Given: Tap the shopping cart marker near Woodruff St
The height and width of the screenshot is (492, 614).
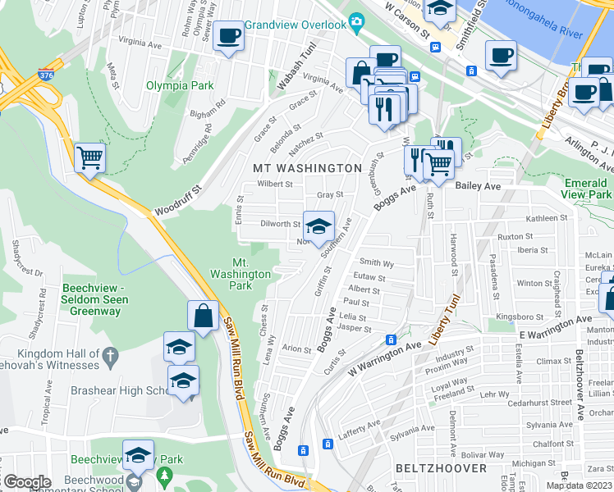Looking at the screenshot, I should click(89, 157).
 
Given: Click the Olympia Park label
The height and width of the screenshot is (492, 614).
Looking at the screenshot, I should click(173, 84).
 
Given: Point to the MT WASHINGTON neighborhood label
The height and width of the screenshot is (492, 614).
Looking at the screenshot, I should click(308, 168).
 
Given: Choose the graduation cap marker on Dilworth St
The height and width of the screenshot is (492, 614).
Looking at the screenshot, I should click(318, 225).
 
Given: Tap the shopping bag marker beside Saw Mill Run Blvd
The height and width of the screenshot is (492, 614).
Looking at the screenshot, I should click(202, 315).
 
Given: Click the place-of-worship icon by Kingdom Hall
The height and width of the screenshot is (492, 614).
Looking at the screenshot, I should click(112, 355).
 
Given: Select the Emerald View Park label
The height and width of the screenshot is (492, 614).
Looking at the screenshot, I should click(588, 189).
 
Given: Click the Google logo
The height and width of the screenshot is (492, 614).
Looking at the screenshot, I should click(26, 482).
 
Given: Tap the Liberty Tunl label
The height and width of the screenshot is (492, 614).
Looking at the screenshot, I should click(449, 307).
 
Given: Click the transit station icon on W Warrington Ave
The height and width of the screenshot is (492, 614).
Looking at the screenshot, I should click(392, 339).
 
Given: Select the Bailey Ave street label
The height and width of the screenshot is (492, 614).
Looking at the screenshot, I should click(483, 187).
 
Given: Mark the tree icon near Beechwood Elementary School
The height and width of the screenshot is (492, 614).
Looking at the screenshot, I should click(165, 475).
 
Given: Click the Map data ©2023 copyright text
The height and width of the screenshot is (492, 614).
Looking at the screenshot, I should click(580, 485).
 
